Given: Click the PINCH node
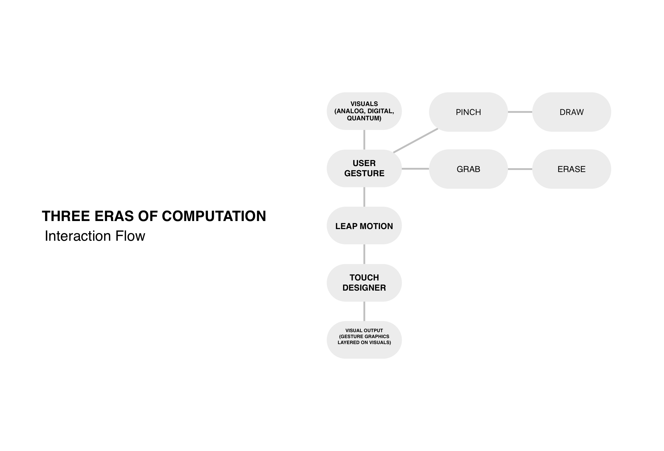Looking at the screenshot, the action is pos(468,112).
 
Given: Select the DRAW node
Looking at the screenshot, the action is pos(571,112).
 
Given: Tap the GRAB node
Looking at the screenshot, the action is pos(468,169).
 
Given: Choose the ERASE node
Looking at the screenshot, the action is pos(571,169).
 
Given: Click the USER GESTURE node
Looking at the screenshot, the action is pos(364,168).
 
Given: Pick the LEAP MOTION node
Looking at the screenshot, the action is pos(364,226).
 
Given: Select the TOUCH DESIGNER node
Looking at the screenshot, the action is pos(364,283).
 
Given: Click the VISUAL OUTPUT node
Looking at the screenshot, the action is pos(364,340).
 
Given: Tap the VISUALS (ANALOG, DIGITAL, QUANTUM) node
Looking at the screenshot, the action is pos(364,111).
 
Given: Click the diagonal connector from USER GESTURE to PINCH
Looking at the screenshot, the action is pos(416,141).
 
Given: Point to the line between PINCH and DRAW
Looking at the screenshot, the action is pos(520,112).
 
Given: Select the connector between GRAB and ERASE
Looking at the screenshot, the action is pos(520,169).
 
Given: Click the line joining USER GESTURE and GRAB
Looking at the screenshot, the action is pos(415,169).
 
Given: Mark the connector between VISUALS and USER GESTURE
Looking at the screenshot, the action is pos(364,139).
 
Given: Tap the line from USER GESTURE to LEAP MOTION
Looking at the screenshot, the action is pos(364,197).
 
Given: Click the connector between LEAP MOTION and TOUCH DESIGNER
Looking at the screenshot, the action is pos(364,254).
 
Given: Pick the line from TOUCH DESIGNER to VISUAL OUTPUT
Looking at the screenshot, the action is pos(364,311).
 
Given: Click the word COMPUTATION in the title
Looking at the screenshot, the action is pos(214,216).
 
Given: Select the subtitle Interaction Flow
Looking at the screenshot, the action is pos(95,236).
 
